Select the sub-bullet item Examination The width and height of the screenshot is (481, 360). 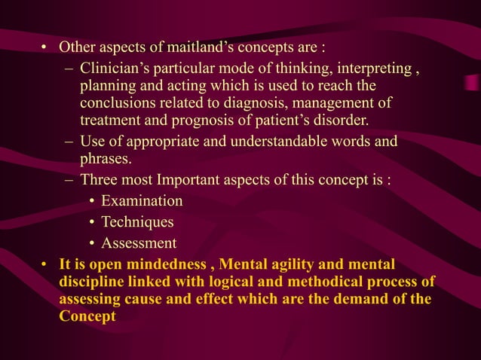142,201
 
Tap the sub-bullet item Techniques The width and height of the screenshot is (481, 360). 137,222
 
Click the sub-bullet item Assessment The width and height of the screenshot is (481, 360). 139,243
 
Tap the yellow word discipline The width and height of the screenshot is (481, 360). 90,282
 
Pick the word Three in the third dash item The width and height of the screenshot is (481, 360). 99,180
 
